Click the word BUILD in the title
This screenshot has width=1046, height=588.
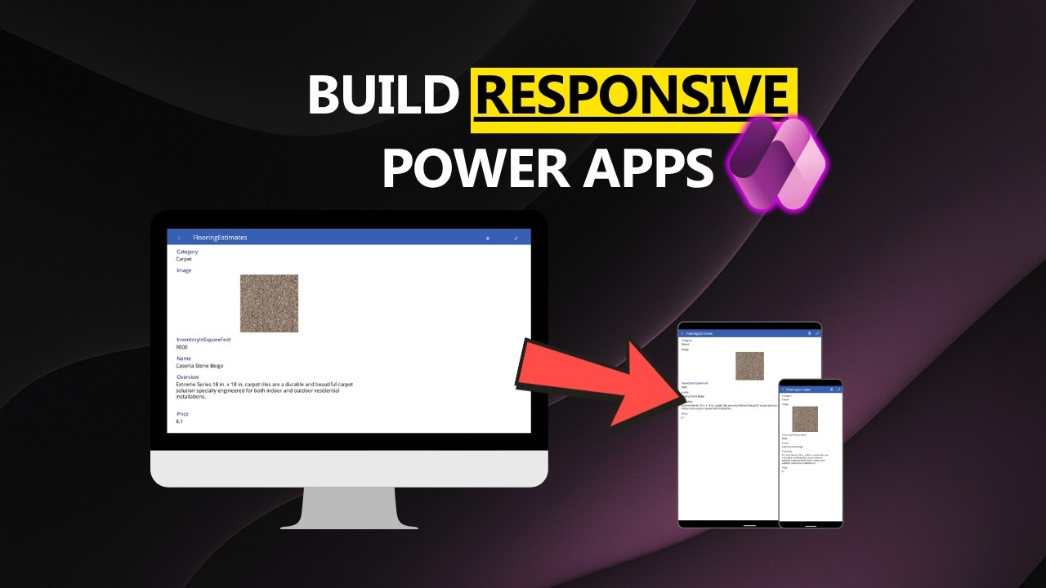(382, 96)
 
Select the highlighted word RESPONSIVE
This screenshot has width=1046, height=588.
(633, 96)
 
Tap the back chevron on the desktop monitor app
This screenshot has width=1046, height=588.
(179, 238)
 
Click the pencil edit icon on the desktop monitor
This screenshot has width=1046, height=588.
(516, 238)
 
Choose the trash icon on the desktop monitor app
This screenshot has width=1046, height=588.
(488, 238)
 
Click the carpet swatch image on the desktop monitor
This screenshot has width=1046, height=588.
(269, 304)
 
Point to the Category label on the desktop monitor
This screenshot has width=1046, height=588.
(187, 252)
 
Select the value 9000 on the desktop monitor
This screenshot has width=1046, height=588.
(181, 347)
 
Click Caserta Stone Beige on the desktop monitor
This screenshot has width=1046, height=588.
(199, 366)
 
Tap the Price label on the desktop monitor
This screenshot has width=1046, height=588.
(182, 414)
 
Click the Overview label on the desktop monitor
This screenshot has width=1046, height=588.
(188, 377)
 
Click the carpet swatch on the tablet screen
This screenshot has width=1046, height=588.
(749, 366)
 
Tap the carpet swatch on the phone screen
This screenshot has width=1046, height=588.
(804, 419)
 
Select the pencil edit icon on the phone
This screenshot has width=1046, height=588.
(838, 390)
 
